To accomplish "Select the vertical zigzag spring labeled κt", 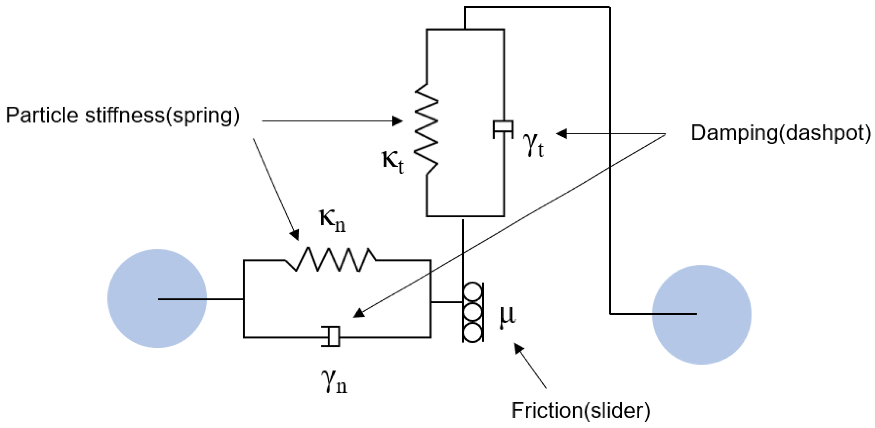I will [x=426, y=129].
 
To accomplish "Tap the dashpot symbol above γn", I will [x=331, y=336].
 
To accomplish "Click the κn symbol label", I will [x=332, y=221].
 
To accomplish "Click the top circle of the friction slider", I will [x=472, y=292].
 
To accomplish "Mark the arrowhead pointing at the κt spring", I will [x=397, y=121].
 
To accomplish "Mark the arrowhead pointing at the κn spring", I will [x=295, y=235].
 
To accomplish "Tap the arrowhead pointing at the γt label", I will [x=561, y=134].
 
